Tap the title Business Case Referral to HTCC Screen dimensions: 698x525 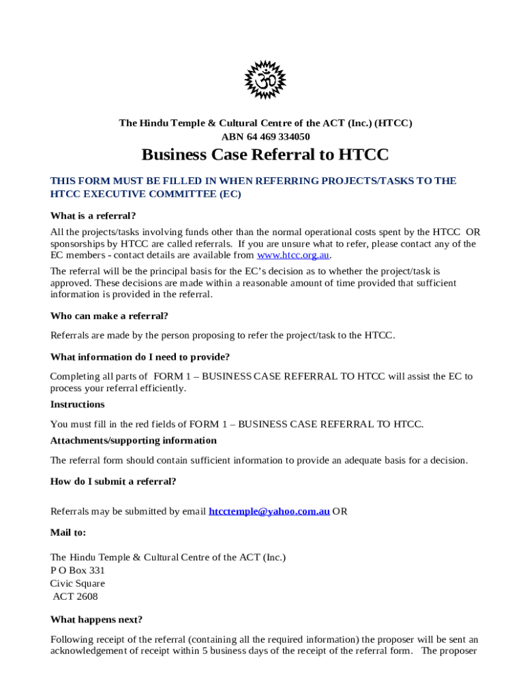point(265,155)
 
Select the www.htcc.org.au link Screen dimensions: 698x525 point(293,255)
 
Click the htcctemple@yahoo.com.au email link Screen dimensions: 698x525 point(269,511)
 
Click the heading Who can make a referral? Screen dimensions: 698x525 point(109,316)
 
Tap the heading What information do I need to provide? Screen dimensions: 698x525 point(140,356)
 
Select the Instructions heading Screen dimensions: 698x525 point(77,404)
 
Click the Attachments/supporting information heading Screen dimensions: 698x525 point(134,440)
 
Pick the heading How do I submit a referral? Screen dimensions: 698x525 point(113,481)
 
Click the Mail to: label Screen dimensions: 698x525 point(68,532)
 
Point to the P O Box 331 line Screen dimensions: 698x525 point(78,570)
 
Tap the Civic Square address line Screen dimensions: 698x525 point(78,583)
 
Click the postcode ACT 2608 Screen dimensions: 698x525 point(76,596)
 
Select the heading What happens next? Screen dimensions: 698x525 point(96,620)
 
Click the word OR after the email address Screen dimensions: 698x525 point(340,511)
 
